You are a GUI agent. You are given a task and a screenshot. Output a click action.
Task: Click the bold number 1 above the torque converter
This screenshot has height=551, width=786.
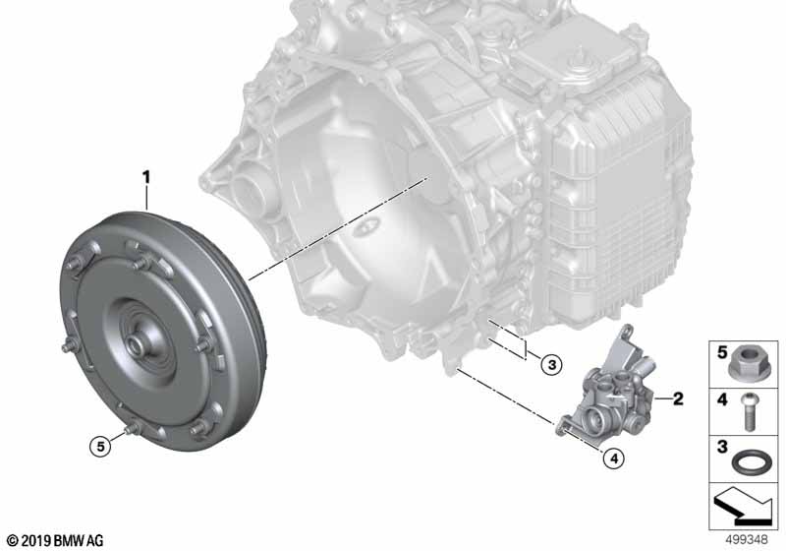(x=145, y=178)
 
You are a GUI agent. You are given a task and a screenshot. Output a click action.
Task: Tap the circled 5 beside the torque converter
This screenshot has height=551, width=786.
(x=101, y=446)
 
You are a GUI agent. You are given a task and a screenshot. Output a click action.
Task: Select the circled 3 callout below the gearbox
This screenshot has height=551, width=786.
(x=551, y=364)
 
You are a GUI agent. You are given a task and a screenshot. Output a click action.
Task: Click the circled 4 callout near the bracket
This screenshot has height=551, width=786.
(x=614, y=458)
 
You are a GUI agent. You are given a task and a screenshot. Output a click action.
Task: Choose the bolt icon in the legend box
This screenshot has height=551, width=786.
(x=750, y=412)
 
